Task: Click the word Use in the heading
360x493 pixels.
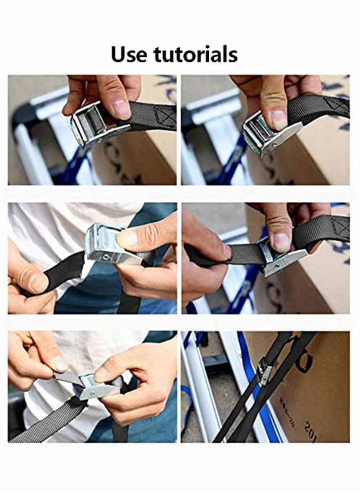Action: pos(130,54)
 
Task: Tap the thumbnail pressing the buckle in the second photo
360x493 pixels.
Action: pos(279,120)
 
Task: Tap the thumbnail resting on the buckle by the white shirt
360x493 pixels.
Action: pos(127,239)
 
